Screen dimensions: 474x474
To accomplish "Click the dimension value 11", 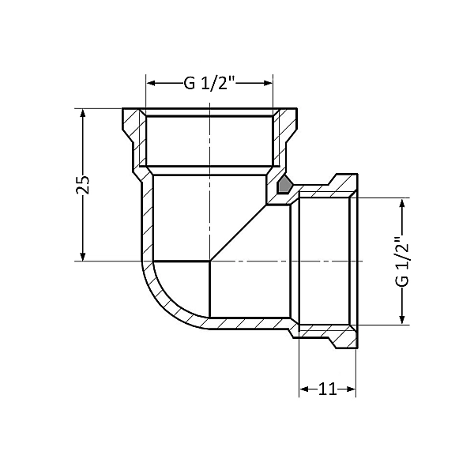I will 327,389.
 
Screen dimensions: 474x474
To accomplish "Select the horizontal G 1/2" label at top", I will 209,83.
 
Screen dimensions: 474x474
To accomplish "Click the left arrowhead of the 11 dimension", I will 304,389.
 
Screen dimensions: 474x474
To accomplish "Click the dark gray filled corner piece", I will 283,186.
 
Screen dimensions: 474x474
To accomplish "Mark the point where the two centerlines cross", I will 209,261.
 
